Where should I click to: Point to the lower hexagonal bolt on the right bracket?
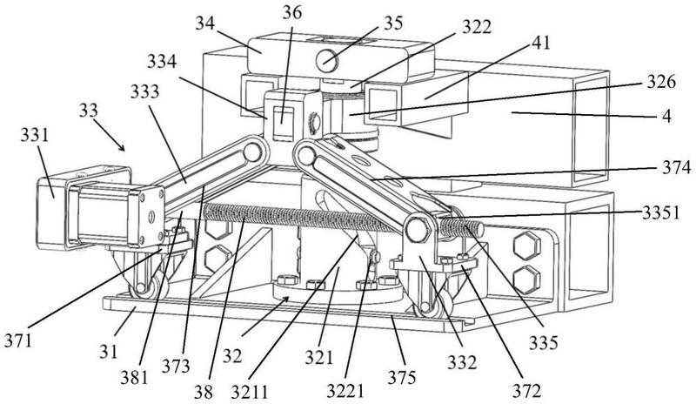tap(525, 279)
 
